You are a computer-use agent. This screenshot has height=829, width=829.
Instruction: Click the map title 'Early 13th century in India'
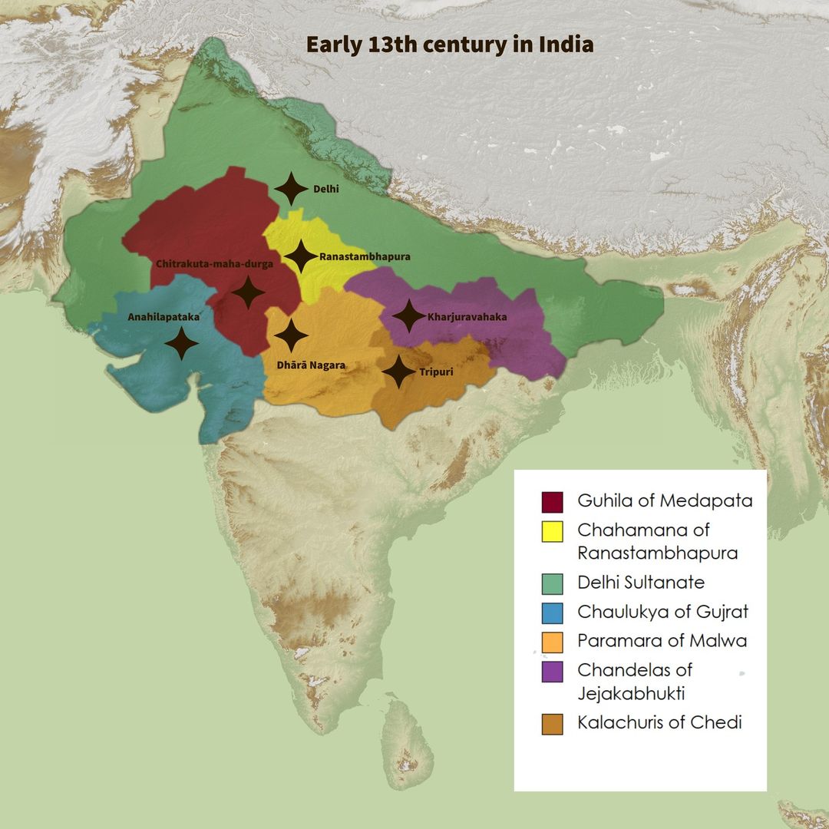450,45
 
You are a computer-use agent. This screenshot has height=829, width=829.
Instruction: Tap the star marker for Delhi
291,189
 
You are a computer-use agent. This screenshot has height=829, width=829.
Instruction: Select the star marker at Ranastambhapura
300,256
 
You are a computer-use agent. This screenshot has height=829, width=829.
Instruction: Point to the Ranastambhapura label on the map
365,256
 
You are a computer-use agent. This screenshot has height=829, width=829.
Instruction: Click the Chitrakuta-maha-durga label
214,264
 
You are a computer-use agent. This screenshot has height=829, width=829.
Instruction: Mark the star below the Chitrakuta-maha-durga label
248,292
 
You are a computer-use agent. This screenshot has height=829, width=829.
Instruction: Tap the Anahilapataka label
158,315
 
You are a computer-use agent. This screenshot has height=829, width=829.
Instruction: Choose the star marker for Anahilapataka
182,343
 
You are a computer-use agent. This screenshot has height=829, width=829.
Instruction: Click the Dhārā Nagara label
311,365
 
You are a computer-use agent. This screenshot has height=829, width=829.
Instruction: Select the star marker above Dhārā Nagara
291,335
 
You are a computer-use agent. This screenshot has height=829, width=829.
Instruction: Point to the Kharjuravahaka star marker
408,315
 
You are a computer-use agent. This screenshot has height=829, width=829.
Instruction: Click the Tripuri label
436,372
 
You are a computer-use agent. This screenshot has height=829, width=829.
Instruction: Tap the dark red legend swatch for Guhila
552,502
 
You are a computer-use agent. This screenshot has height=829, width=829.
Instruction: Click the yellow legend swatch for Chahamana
552,531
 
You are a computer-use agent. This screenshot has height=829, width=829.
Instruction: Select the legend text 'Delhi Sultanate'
641,583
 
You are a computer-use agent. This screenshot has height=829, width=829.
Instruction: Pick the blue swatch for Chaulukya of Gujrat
552,613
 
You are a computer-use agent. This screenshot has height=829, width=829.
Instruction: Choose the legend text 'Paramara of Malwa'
662,641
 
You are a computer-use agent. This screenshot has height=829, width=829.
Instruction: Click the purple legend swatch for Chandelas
552,672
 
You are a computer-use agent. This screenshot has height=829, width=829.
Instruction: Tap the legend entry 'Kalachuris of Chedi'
659,722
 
